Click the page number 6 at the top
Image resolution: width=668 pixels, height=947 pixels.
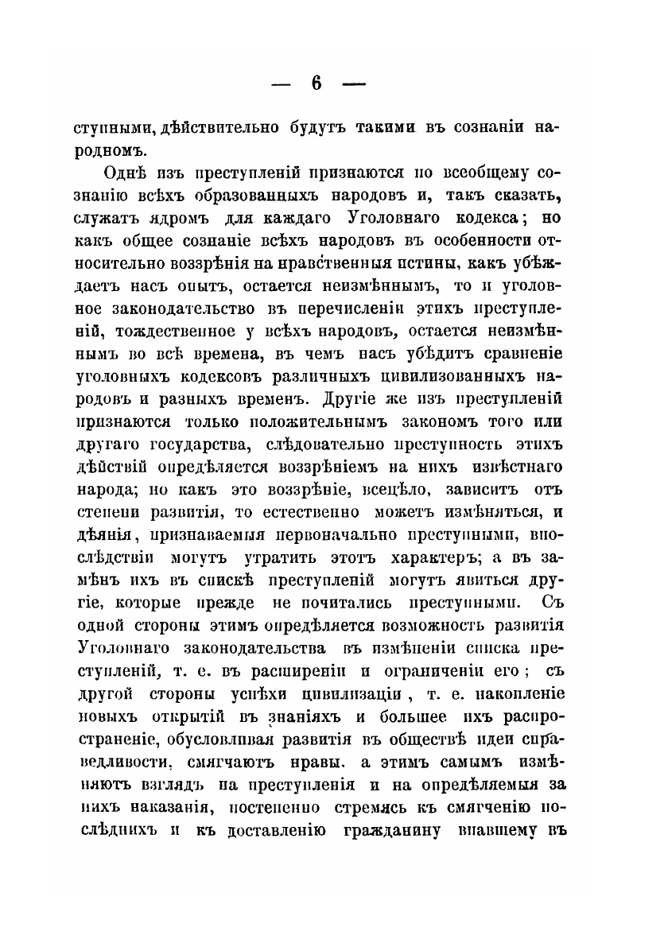317,85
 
